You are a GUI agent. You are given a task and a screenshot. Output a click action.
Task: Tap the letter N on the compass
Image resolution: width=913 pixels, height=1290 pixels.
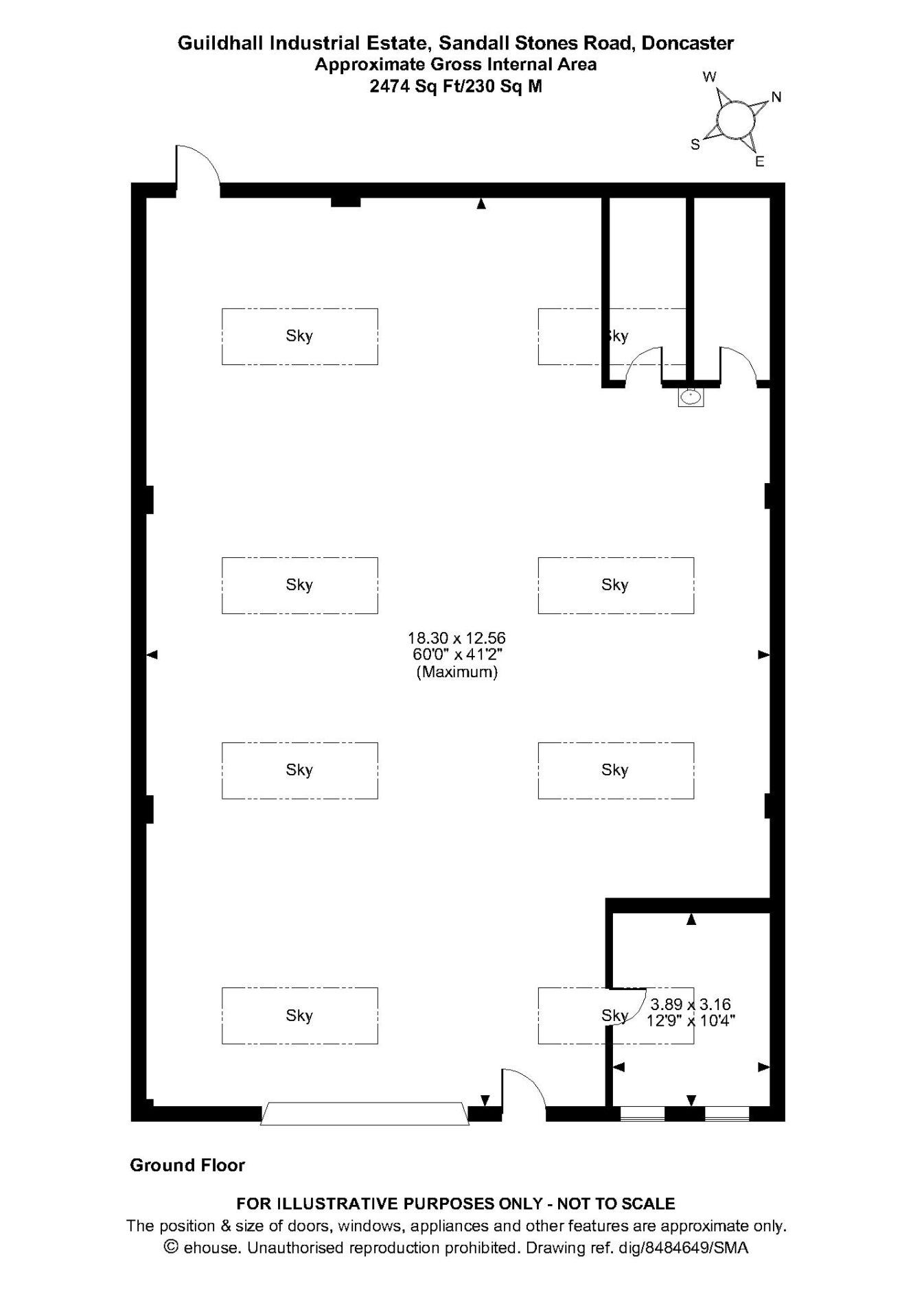776,97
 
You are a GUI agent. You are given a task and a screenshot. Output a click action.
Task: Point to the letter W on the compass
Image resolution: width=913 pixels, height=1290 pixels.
710,77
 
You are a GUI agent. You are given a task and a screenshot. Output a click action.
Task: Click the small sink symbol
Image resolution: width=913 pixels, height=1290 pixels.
691,397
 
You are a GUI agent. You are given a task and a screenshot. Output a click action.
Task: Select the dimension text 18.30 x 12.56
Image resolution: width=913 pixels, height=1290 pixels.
456,638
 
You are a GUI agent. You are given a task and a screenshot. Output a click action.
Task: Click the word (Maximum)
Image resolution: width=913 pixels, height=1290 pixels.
456,672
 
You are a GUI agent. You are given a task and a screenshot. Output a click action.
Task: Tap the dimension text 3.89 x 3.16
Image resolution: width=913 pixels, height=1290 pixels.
691,1005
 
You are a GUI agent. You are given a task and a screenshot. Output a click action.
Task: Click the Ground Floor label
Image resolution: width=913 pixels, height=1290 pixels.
187,1165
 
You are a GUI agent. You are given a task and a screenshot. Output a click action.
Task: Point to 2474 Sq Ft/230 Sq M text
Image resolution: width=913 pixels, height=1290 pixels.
456,86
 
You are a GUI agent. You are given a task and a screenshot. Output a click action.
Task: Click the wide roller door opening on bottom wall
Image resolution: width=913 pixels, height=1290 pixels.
365,1113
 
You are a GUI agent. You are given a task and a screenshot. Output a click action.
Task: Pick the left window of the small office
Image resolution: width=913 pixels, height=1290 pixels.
643,1114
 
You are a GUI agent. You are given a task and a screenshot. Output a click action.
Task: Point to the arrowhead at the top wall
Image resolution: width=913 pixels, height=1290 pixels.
481,203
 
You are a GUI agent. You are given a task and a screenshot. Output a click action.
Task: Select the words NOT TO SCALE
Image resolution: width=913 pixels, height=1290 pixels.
616,1204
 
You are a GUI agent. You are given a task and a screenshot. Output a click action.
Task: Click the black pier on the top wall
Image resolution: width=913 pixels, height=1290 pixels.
346,202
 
